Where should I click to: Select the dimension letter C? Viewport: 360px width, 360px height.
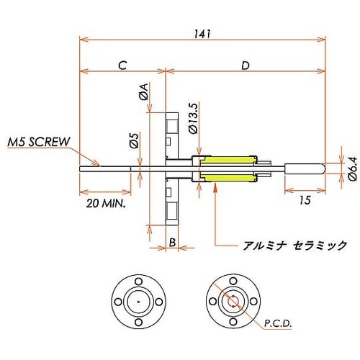tap(122, 65)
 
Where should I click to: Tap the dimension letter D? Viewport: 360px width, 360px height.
tap(245, 65)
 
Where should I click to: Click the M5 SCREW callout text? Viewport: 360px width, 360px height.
tap(39, 142)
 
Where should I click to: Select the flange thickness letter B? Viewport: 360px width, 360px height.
tap(173, 243)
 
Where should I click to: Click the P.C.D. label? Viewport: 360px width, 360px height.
tap(277, 325)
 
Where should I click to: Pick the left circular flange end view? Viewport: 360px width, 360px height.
tap(137, 299)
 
